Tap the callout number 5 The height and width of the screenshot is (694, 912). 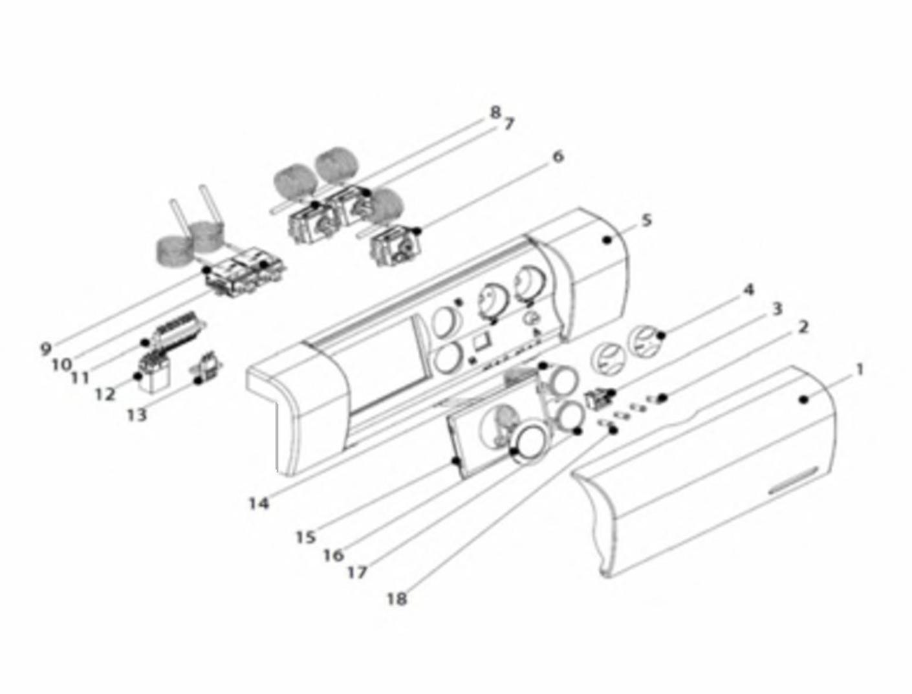tap(647, 221)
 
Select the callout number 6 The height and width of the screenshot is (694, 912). tap(558, 157)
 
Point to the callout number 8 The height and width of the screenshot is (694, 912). tap(495, 112)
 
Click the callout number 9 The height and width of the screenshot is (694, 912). tap(46, 348)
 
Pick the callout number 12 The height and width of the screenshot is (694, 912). tap(105, 394)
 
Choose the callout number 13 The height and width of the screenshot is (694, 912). tap(138, 414)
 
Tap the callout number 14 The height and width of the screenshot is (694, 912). tap(259, 504)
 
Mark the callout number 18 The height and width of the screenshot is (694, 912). tap(397, 599)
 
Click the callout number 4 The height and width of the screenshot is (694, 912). tap(748, 290)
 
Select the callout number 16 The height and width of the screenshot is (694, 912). tap(334, 556)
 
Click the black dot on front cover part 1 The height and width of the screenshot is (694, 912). tap(804, 400)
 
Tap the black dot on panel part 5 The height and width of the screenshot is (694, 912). tap(607, 240)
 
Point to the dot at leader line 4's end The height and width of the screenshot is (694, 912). tap(662, 335)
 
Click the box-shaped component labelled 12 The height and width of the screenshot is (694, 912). tap(153, 376)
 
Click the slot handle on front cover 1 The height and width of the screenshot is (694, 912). tap(794, 481)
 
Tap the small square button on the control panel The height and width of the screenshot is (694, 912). tap(482, 342)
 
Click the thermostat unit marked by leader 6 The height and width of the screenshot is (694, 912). tap(396, 246)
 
